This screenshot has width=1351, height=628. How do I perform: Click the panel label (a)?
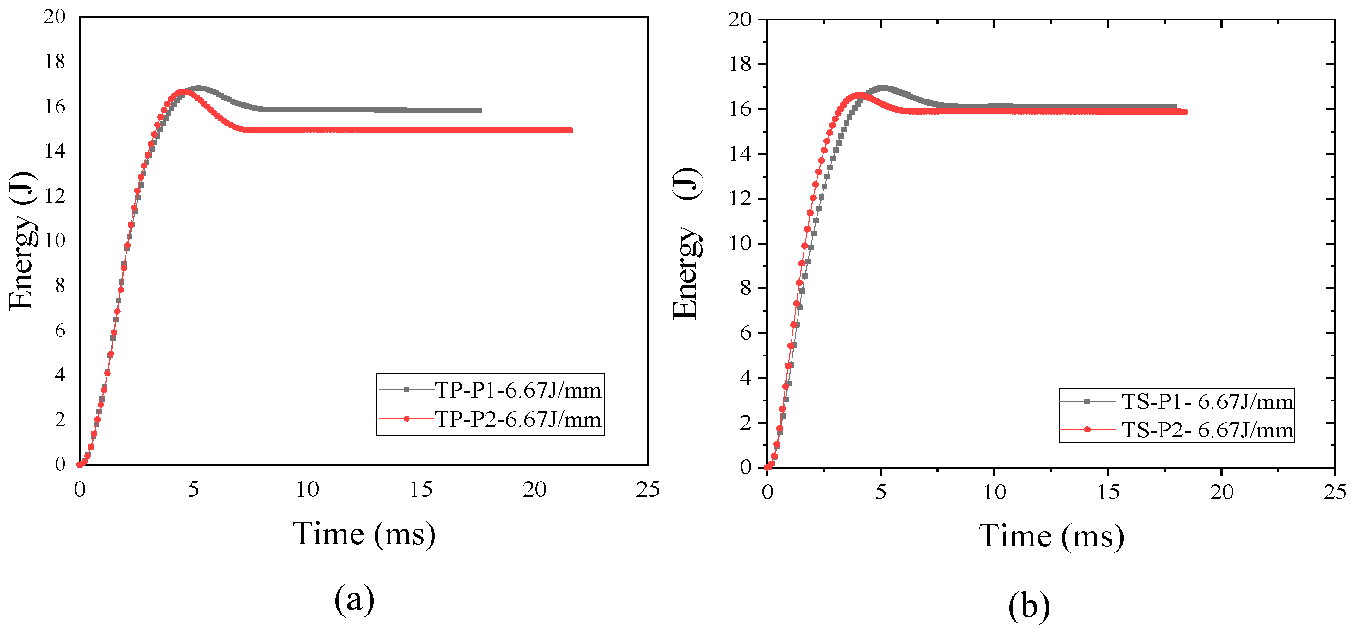coord(354,599)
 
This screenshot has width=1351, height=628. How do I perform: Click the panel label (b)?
coord(1029,606)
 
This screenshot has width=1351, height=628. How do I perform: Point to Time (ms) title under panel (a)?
coord(364,534)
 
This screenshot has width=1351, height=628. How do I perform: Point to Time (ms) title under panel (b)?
coord(1051,536)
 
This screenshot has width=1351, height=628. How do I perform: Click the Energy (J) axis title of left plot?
coord(23,241)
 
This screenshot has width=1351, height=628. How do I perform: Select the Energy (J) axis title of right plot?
coord(686,244)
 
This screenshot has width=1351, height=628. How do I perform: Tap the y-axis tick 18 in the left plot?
coord(55,62)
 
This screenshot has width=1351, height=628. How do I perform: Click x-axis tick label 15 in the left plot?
coord(421,489)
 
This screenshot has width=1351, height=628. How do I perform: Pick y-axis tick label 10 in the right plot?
coord(740,243)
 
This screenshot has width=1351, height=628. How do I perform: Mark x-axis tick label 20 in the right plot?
coord(1221,492)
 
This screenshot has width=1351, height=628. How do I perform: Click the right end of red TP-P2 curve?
coord(571,130)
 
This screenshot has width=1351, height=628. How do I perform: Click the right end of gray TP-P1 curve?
coord(480,111)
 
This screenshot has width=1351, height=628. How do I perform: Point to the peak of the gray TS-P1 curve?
coord(883,88)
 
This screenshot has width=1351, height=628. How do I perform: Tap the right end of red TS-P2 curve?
coord(1185,112)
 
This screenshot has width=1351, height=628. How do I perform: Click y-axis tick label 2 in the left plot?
coord(60,420)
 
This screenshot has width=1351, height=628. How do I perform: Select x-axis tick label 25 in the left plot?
coord(647,489)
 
